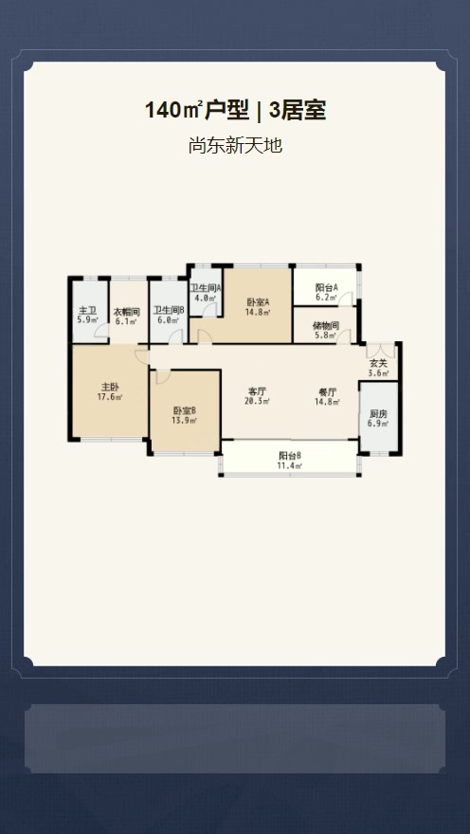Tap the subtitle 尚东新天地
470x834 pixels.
coord(235,145)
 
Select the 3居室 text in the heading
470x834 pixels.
coord(298,111)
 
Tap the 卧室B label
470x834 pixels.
coord(185,410)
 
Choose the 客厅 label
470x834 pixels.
coord(257,392)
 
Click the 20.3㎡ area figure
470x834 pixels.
coord(257,402)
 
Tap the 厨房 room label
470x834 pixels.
coord(378,414)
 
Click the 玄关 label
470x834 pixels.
coord(378,364)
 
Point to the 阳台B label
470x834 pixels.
coord(290,456)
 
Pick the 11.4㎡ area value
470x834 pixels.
coord(290,465)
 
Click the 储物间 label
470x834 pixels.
coord(327,326)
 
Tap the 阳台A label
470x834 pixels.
coord(327,288)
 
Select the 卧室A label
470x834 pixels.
coord(258,302)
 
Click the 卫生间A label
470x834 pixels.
coord(206,288)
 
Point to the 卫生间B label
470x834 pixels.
coord(169,310)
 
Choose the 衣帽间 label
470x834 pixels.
coord(127,312)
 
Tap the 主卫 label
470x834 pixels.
coord(88,310)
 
